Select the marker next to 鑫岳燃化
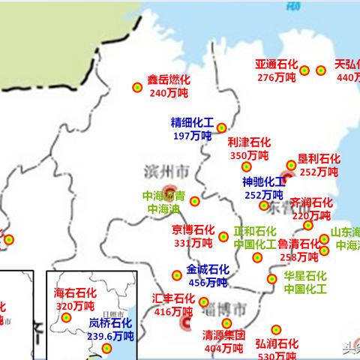pyautogui.click(x=137, y=87)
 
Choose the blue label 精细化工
pyautogui.click(x=192, y=122)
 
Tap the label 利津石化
pyautogui.click(x=249, y=142)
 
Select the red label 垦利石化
pyautogui.click(x=319, y=159)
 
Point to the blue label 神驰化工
pyautogui.click(x=263, y=182)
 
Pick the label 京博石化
pyautogui.click(x=193, y=230)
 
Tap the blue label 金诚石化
pyautogui.click(x=208, y=270)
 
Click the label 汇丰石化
pyautogui.click(x=173, y=298)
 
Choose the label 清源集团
pyautogui.click(x=224, y=336)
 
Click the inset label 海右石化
pyautogui.click(x=75, y=293)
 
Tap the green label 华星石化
pyautogui.click(x=305, y=275)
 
